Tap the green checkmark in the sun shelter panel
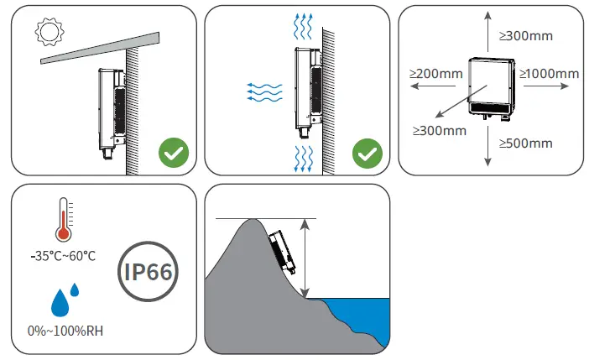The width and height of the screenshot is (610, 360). (x=174, y=154)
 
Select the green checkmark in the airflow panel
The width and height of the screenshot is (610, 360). (x=367, y=154)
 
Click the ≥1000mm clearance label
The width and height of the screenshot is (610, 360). (x=550, y=74)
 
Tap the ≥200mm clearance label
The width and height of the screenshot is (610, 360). (x=435, y=74)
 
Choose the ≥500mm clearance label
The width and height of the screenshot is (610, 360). (x=526, y=143)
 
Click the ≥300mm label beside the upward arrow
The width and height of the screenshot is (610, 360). (x=526, y=36)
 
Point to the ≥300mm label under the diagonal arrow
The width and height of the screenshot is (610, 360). (x=440, y=130)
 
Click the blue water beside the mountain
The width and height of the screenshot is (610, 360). (x=361, y=310)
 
